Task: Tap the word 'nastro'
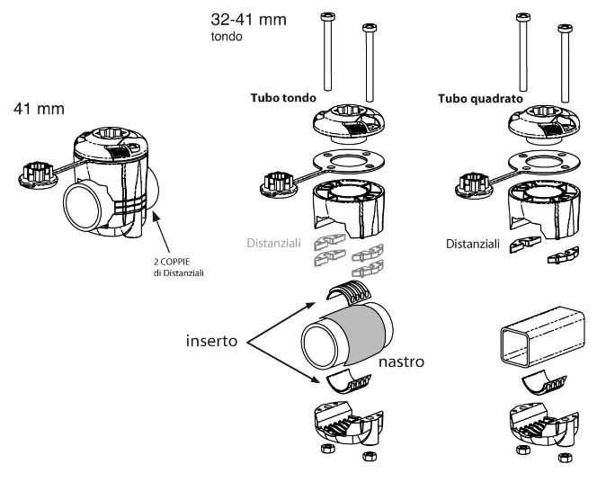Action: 401,363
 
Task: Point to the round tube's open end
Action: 320,343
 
